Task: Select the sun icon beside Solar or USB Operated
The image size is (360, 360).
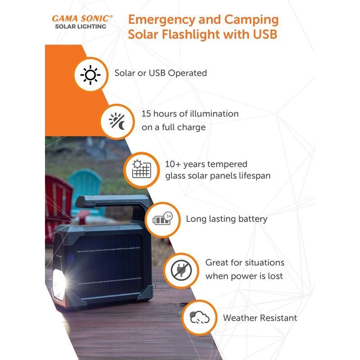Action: pyautogui.click(x=90, y=74)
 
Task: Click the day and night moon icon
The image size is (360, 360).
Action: pyautogui.click(x=117, y=121)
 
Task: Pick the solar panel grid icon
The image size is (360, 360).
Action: pyautogui.click(x=141, y=170)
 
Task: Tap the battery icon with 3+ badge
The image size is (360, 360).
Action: pyautogui.click(x=163, y=220)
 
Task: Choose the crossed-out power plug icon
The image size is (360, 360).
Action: pyautogui.click(x=181, y=270)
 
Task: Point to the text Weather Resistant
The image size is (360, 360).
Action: pyautogui.click(x=260, y=318)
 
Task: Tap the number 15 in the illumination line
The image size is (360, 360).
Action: pyautogui.click(x=146, y=114)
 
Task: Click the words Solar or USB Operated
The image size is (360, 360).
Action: pyautogui.click(x=161, y=73)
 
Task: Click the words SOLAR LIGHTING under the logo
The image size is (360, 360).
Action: pyautogui.click(x=81, y=27)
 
